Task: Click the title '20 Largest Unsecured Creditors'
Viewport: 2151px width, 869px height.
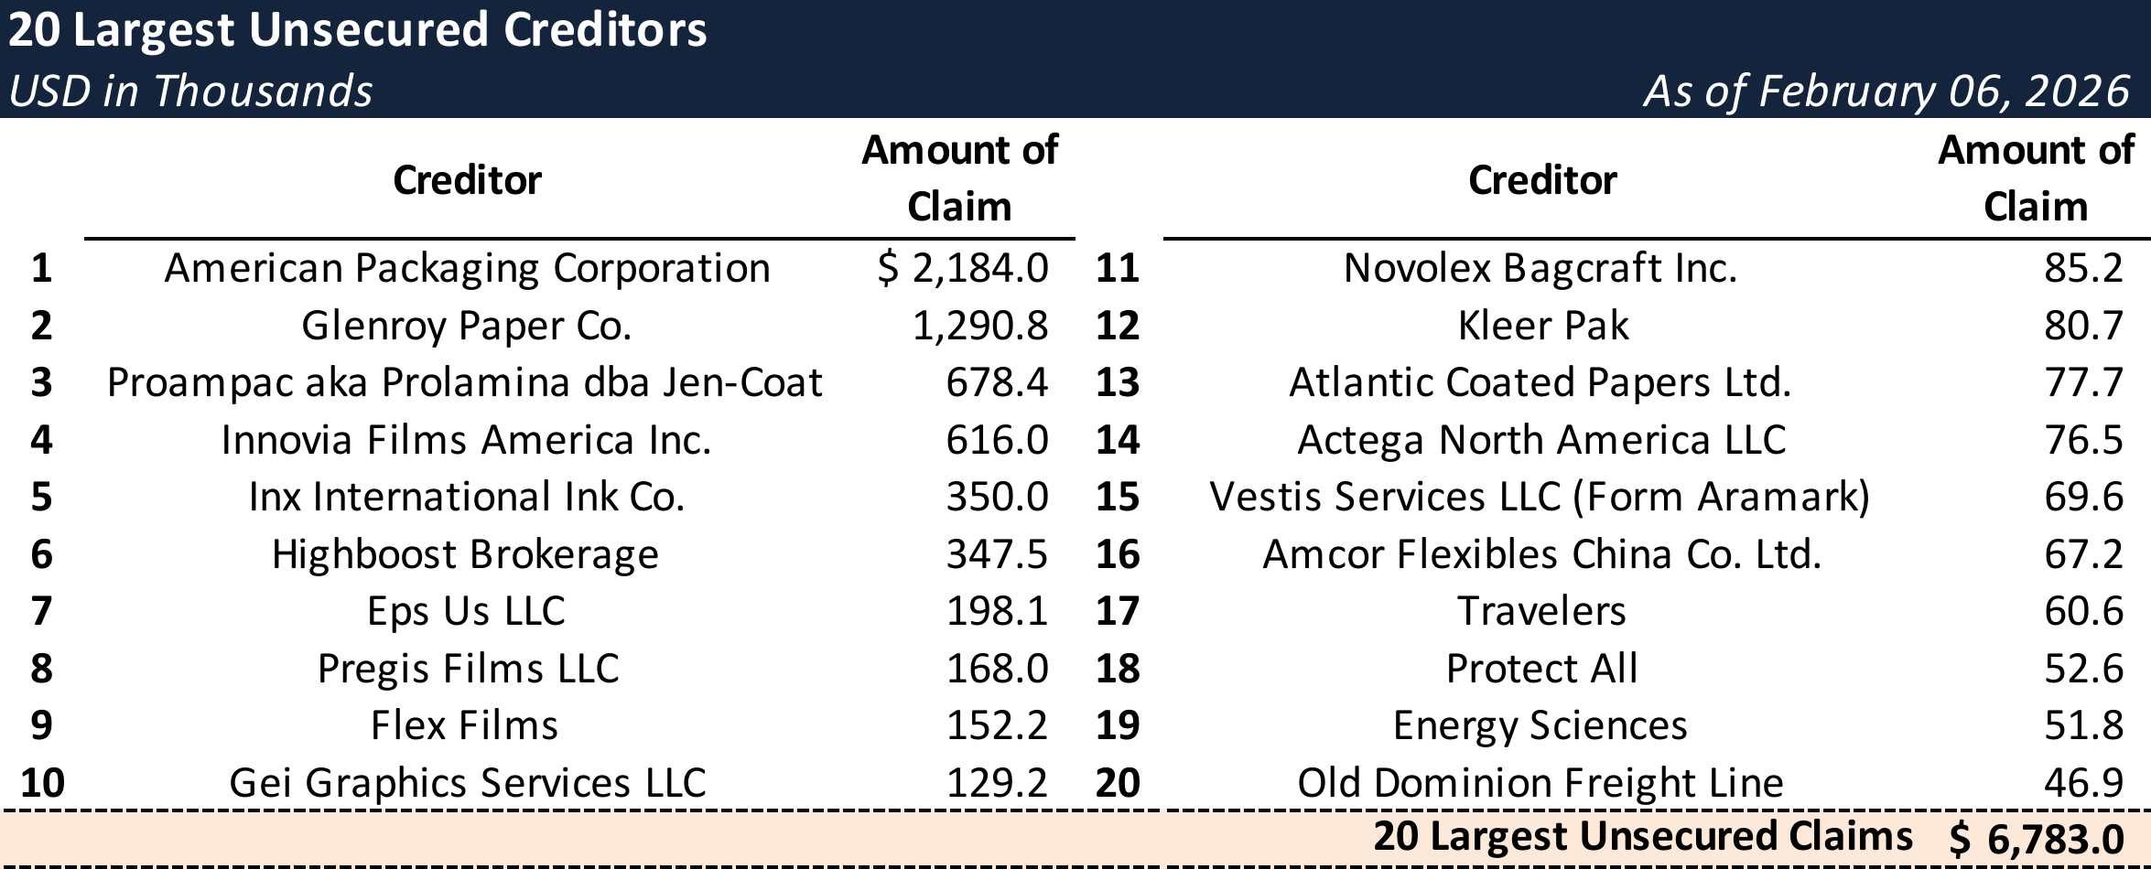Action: click(x=357, y=30)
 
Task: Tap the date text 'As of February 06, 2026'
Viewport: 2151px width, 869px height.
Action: click(x=1886, y=91)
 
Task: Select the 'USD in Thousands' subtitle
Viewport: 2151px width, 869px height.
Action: click(x=190, y=91)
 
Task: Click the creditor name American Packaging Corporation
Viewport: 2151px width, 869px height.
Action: click(x=467, y=268)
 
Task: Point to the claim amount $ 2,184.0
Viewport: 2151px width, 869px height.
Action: click(x=963, y=268)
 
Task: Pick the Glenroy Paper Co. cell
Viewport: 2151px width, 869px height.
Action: click(x=467, y=326)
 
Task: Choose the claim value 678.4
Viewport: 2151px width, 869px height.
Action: click(x=997, y=382)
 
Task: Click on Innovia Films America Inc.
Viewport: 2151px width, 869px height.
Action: click(x=467, y=440)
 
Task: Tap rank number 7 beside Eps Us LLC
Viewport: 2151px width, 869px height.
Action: click(x=41, y=611)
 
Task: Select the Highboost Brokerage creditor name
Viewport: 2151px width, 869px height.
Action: click(x=465, y=554)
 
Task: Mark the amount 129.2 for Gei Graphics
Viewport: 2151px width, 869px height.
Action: click(x=997, y=783)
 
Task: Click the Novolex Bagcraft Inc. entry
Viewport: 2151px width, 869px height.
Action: click(x=1540, y=268)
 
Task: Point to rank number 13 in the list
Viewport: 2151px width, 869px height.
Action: click(x=1118, y=382)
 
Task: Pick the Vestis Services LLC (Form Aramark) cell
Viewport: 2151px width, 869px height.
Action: click(x=1540, y=497)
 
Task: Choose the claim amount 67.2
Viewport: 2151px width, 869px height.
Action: click(x=2083, y=554)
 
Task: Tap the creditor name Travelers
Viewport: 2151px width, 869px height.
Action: click(x=1541, y=611)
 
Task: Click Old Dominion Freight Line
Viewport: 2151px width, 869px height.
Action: click(x=1540, y=783)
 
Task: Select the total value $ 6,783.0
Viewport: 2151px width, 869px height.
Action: click(x=2038, y=839)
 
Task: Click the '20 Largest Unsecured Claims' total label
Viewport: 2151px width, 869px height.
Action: click(x=1643, y=837)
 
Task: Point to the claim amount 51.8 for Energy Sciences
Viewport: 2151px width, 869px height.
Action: click(x=2083, y=725)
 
